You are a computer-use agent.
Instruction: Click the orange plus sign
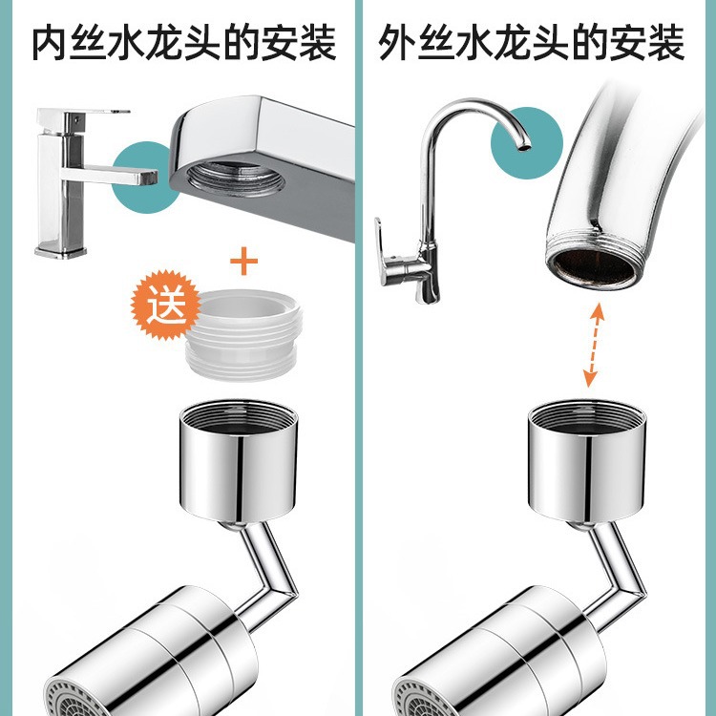pos(247,257)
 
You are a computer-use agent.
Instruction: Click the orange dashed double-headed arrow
pos(593,345)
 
